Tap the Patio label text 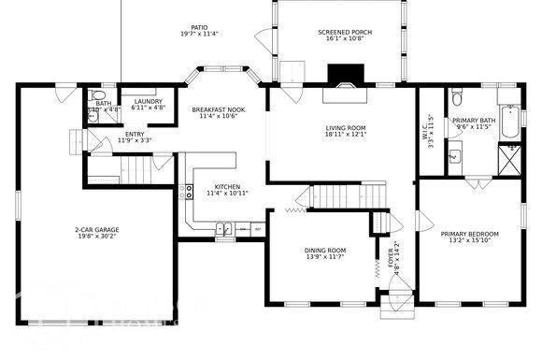tap(199, 28)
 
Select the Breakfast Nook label tap(218, 110)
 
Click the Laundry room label tap(148, 101)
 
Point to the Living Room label tap(346, 128)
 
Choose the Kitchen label tap(227, 187)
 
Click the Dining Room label tap(325, 251)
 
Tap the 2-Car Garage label tap(97, 230)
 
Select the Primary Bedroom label tap(469, 234)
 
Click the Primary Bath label tap(474, 121)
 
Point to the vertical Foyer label tap(392, 260)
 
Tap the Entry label tap(135, 134)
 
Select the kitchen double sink tap(224, 227)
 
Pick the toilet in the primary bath tap(455, 96)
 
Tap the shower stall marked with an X tap(510, 163)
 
